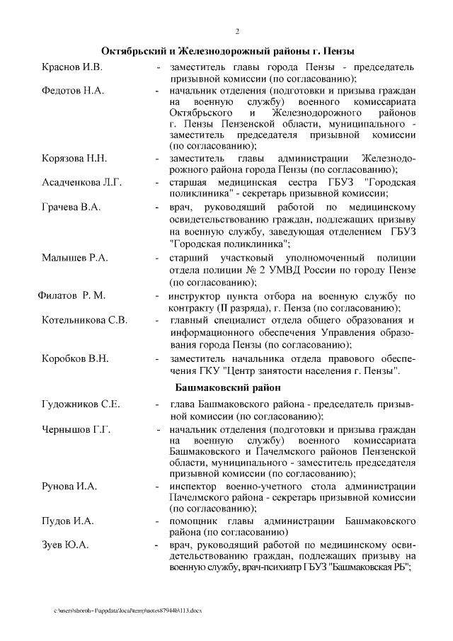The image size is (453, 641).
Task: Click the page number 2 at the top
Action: click(237, 32)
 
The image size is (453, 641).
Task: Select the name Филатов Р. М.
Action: click(71, 295)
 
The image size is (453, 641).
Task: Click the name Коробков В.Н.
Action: click(75, 358)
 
